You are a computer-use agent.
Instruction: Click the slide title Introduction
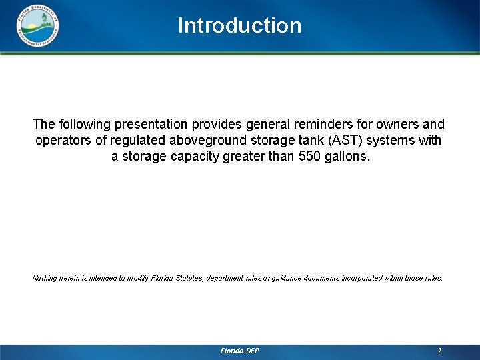tap(239, 25)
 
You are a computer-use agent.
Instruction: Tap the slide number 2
tap(440, 351)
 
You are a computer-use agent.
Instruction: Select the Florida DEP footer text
tap(240, 351)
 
